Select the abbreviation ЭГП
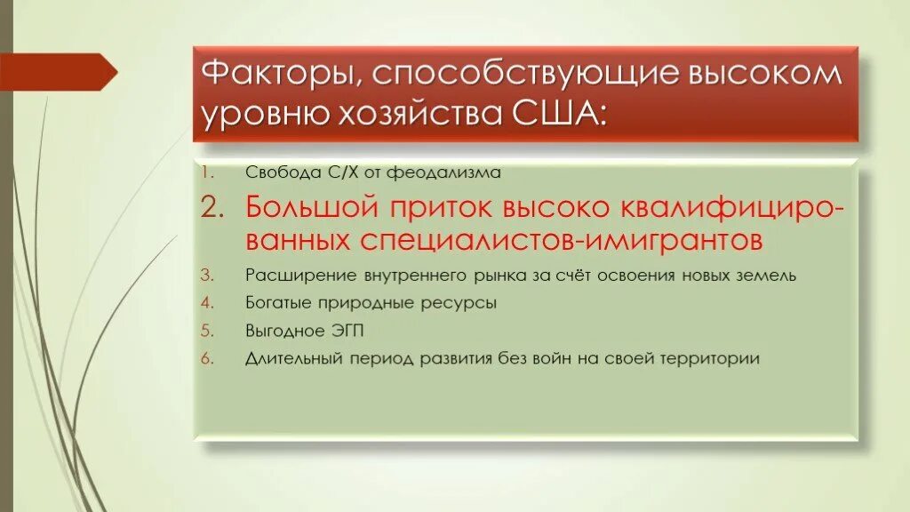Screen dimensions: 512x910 343,331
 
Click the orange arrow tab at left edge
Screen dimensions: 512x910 57,71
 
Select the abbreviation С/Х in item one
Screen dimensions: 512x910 329,173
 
